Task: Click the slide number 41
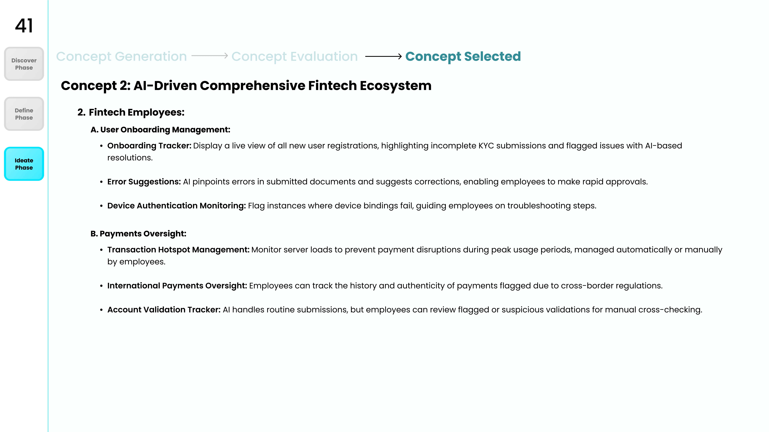click(x=24, y=26)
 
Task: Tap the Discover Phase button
click(x=24, y=64)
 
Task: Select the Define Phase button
click(x=24, y=114)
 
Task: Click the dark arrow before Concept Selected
click(x=384, y=56)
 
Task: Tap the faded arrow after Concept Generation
click(x=210, y=56)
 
